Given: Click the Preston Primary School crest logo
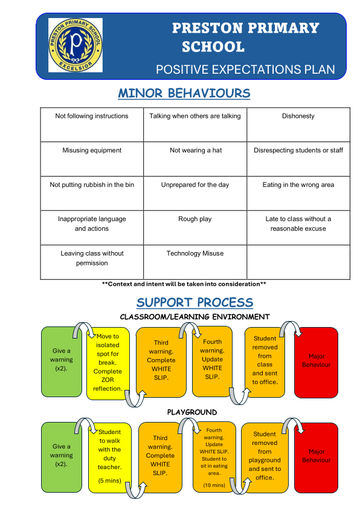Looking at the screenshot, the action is (x=76, y=45).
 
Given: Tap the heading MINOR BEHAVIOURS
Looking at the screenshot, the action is (x=184, y=94).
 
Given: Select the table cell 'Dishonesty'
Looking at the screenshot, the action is (x=298, y=125).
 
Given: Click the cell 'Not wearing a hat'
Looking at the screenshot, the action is (x=195, y=159).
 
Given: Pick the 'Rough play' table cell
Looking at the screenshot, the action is (x=195, y=227).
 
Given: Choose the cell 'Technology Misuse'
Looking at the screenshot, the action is (x=195, y=262).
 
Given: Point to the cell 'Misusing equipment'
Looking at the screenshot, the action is (x=92, y=159).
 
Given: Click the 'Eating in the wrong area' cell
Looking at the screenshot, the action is (x=298, y=193).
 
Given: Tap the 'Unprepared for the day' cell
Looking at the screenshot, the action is (x=195, y=193).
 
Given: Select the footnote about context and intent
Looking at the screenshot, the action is (x=184, y=284).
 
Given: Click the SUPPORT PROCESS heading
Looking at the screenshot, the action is (x=194, y=302).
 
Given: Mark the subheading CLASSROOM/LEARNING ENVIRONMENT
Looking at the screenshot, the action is (x=194, y=317).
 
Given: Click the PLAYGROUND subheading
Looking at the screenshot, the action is (x=192, y=412).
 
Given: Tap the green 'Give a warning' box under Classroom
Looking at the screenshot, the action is (x=62, y=361).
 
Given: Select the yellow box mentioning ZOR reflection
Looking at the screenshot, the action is (x=108, y=363).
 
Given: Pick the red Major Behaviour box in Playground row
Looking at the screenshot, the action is (x=317, y=458).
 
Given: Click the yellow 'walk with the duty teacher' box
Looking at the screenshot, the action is (x=109, y=458).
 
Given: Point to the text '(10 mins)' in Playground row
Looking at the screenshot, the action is (x=214, y=485).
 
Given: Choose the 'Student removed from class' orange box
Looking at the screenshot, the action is (x=265, y=362).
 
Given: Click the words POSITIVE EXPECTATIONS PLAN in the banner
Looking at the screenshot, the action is (x=245, y=70).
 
